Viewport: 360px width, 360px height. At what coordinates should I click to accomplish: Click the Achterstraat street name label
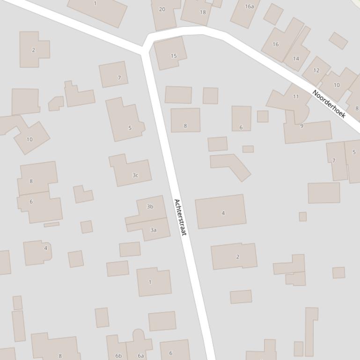point(180,217)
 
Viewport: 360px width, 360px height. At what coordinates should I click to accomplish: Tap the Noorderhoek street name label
point(329,104)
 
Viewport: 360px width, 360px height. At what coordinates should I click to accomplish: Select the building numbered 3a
point(153,230)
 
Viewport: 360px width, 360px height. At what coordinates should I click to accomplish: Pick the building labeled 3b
point(150,206)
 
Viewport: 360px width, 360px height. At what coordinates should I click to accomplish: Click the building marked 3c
point(135,175)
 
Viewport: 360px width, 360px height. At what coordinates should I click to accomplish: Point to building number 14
point(296,58)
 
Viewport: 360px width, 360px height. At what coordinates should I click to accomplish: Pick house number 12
point(316,71)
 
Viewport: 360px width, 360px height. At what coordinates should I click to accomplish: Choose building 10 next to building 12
point(337,85)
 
